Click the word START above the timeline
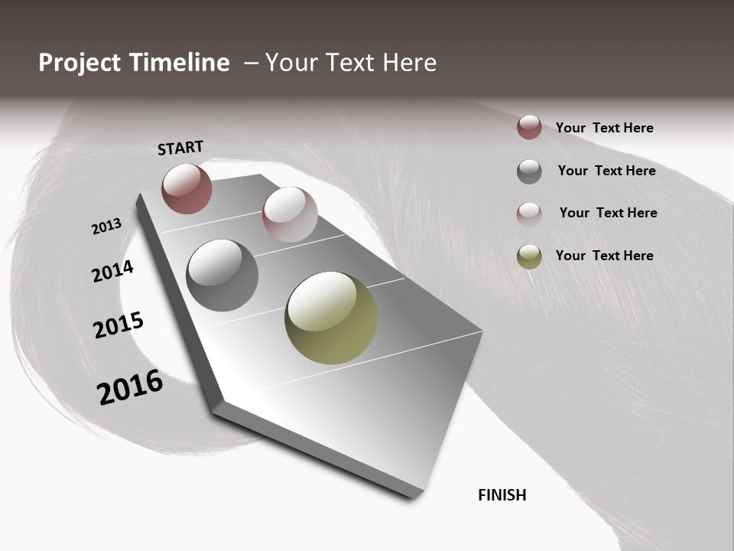[x=180, y=148]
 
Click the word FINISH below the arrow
[x=502, y=495]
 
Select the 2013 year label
[x=106, y=227]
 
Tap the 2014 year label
[x=112, y=271]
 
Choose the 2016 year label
[x=130, y=386]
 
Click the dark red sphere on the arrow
[x=187, y=188]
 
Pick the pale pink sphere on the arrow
[x=290, y=214]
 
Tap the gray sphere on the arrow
[x=222, y=275]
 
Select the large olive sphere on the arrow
[x=331, y=318]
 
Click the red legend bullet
[x=529, y=127]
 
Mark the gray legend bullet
[x=529, y=171]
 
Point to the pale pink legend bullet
[x=529, y=214]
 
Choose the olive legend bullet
[x=529, y=256]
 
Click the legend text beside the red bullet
[x=604, y=128]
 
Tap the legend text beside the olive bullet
[x=604, y=256]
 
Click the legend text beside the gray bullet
[x=606, y=171]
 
